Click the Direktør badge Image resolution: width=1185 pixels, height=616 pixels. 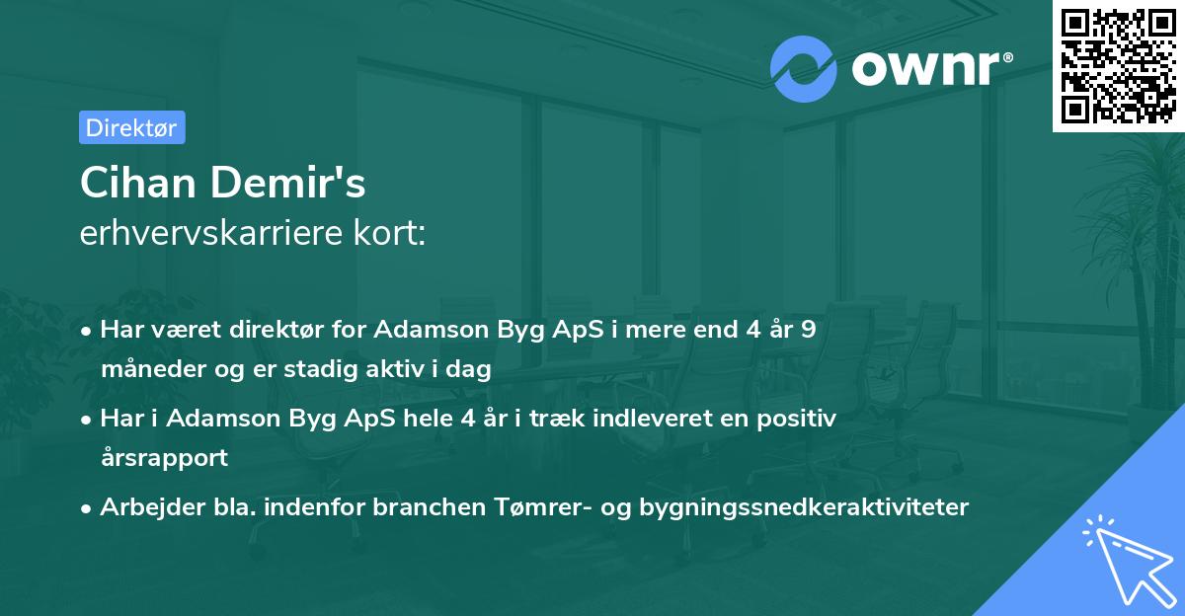tap(131, 127)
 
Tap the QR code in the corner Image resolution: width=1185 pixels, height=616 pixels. tap(1118, 66)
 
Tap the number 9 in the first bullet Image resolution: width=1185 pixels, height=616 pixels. tap(809, 330)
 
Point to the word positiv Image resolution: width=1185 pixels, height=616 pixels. tap(801, 419)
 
